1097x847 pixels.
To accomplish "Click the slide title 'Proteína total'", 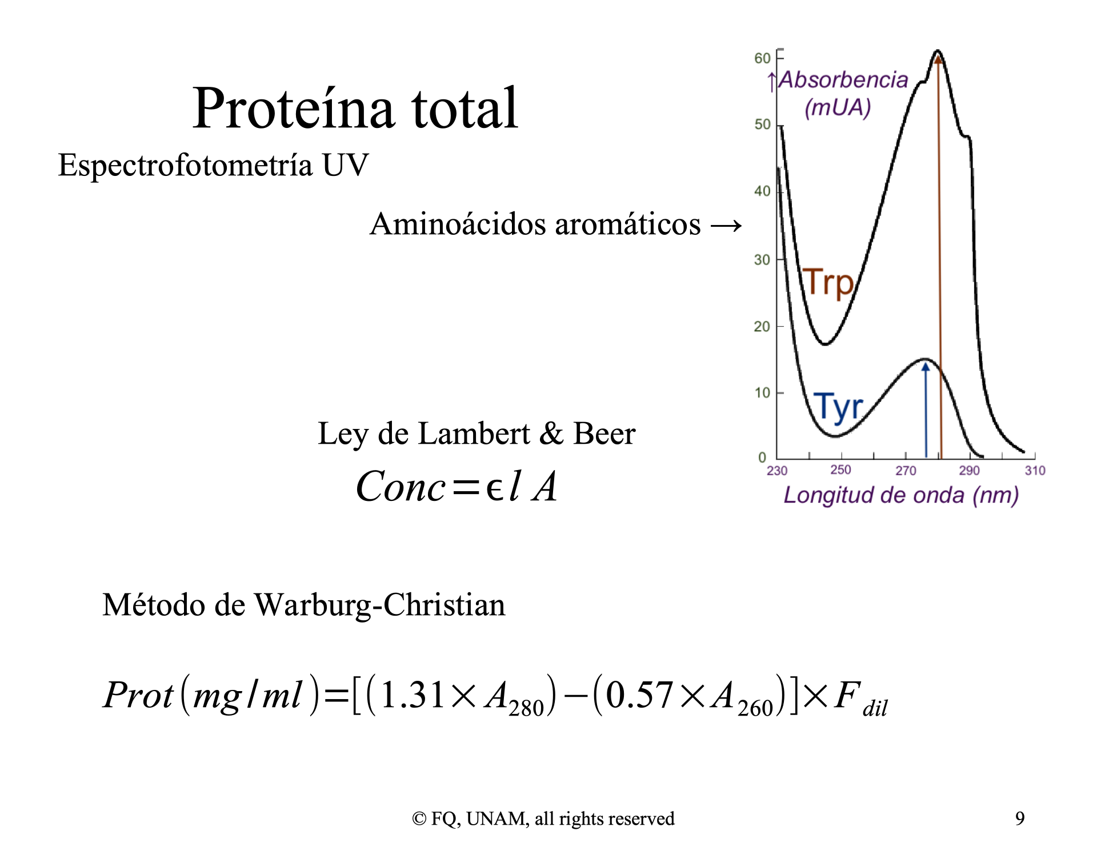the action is (x=355, y=108).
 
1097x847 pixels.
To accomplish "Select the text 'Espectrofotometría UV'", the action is (x=213, y=166).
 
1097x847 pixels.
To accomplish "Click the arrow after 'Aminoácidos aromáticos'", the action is (x=726, y=226).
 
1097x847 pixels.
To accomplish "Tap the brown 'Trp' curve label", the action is (x=828, y=282).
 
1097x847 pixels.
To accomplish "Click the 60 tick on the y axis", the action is (x=762, y=58).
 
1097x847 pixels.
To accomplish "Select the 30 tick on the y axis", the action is (x=762, y=260).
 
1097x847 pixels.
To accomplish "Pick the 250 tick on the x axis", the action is (x=840, y=469).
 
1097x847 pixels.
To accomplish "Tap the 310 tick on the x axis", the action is (x=1035, y=471).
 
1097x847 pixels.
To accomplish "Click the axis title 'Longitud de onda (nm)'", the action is (x=901, y=495).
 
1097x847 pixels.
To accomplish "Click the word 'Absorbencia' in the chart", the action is (x=843, y=80).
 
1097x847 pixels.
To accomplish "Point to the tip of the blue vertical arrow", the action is (x=926, y=363).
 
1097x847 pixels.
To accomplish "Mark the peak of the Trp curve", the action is (x=938, y=51).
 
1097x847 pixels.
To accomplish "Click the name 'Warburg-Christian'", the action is (x=379, y=605).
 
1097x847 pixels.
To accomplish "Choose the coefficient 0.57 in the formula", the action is (x=639, y=695).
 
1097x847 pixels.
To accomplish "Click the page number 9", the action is (x=1020, y=818).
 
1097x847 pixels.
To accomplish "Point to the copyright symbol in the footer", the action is (x=419, y=819).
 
